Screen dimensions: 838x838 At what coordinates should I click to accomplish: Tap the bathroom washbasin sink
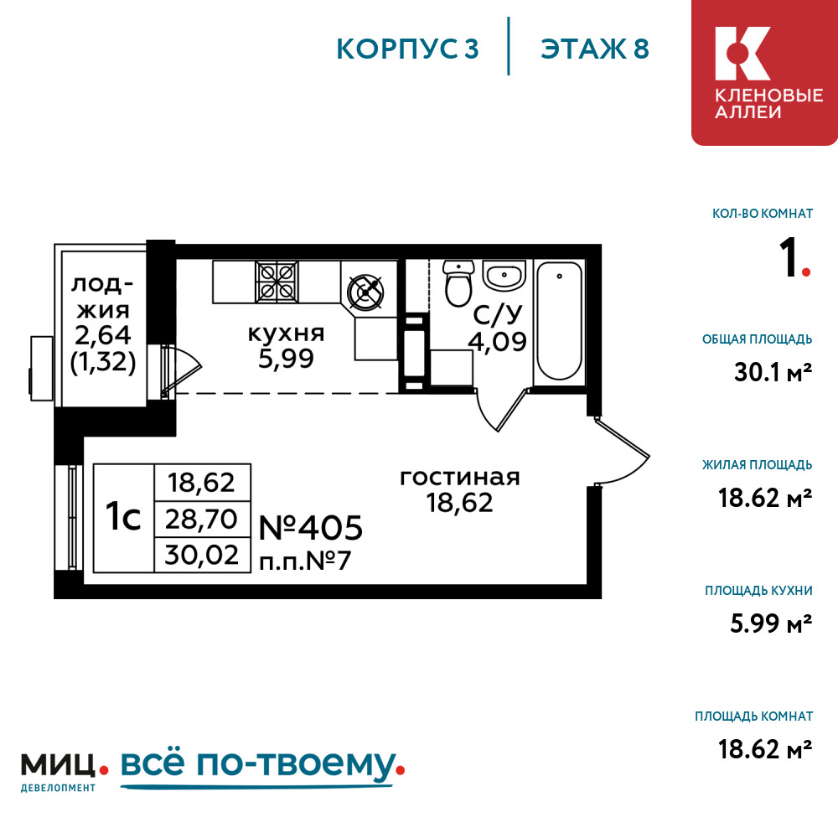[x=503, y=274]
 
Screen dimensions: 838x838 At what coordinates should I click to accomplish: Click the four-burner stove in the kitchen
[x=277, y=281]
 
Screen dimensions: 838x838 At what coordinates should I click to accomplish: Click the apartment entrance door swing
[x=622, y=453]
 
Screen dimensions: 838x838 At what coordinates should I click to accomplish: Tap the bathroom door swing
[x=500, y=410]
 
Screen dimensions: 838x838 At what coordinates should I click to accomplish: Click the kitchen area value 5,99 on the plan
[x=286, y=359]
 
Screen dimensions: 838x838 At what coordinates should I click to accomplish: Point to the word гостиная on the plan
[x=460, y=478]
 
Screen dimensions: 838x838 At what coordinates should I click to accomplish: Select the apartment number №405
[x=310, y=528]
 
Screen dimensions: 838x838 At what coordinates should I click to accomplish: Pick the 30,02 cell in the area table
[x=202, y=555]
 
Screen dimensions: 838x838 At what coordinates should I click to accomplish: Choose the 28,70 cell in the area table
[x=202, y=518]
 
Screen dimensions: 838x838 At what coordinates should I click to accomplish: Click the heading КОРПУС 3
[x=407, y=49]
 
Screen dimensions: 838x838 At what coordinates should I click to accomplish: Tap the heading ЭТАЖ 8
[x=595, y=49]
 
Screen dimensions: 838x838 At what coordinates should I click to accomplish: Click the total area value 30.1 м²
[x=766, y=371]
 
